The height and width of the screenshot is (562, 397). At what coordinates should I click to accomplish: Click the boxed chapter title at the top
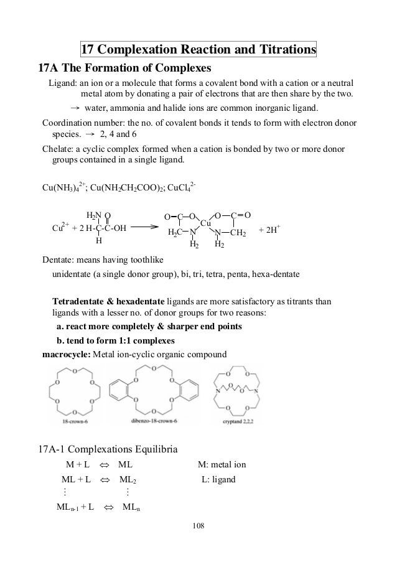click(198, 49)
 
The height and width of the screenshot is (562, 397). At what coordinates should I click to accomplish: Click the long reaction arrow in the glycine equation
click(141, 227)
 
